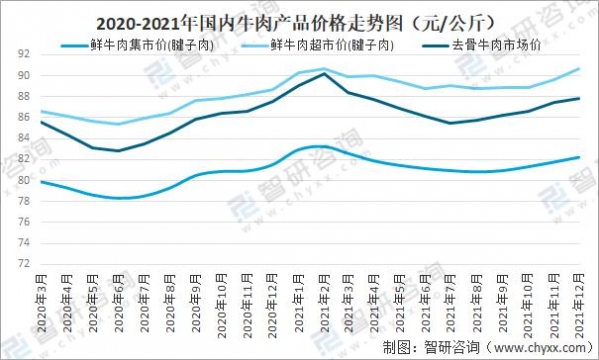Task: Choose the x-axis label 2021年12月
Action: pos(581,306)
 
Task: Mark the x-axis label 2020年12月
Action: pos(272,306)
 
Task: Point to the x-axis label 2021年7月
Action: pos(452,304)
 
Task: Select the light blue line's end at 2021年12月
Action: pos(581,69)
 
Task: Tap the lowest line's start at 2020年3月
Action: pos(41,181)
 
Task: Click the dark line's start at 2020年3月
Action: pos(41,122)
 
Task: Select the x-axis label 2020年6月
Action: pos(118,304)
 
